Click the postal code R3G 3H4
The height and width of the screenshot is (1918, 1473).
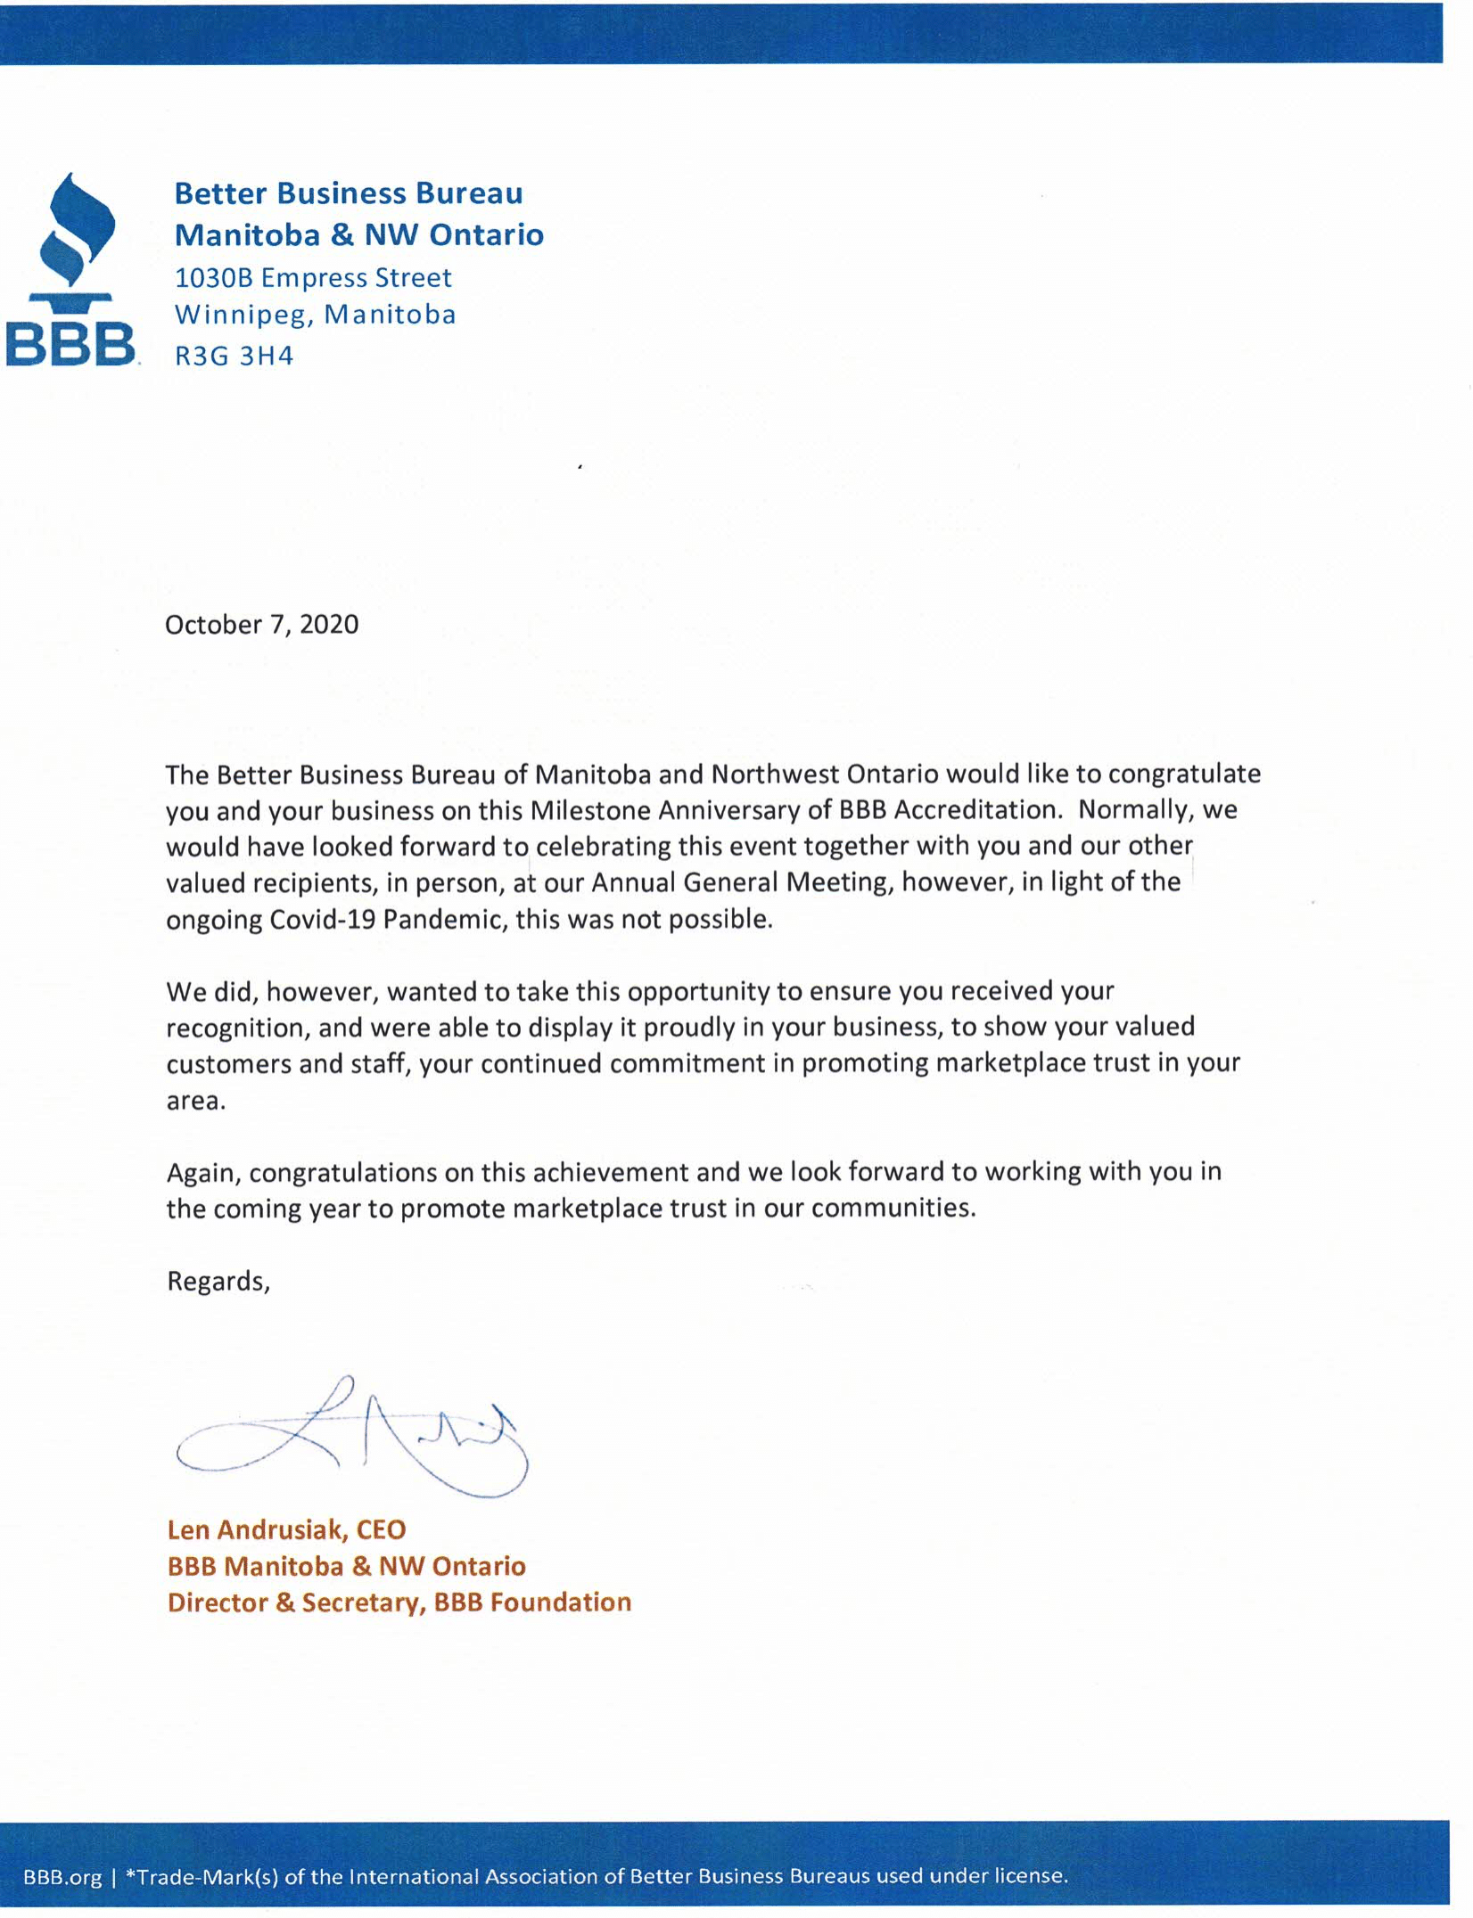point(234,357)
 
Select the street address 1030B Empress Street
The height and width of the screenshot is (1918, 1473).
point(313,278)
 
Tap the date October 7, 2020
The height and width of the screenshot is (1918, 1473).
point(262,624)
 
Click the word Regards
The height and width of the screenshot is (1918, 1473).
point(217,1281)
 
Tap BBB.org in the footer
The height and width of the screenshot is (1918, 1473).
point(62,1876)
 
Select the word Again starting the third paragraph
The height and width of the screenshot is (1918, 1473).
point(203,1173)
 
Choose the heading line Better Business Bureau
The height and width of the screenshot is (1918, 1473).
point(349,193)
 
